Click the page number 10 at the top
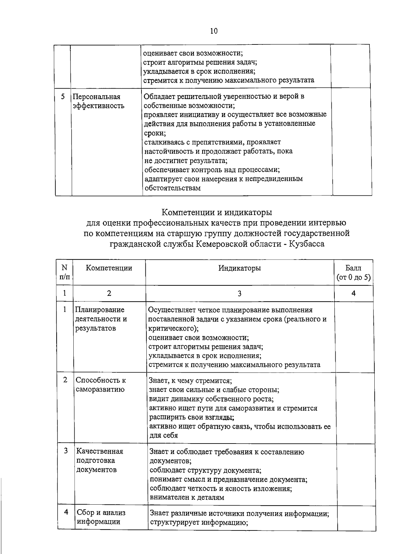[214, 31]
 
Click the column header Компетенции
[109, 268]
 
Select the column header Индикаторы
[240, 268]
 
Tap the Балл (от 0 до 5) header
[353, 273]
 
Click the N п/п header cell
[65, 273]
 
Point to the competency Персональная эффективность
[98, 101]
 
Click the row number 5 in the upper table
[63, 96]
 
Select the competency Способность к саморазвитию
[101, 385]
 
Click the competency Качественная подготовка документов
[100, 461]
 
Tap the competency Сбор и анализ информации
[101, 517]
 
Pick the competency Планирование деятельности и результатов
[101, 319]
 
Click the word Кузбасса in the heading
[306, 244]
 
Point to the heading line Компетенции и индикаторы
[217, 213]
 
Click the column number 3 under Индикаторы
[240, 294]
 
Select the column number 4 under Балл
[353, 294]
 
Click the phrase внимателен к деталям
[187, 498]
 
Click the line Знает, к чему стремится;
[190, 381]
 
